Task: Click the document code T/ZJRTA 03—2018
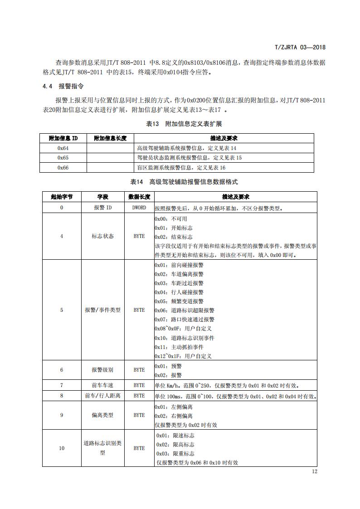click(301, 47)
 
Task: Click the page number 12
click(315, 471)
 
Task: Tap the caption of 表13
click(184, 124)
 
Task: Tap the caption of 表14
click(184, 182)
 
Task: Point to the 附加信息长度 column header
click(110, 138)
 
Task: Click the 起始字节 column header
click(62, 197)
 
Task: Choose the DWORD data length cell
click(139, 208)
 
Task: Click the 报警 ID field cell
click(102, 208)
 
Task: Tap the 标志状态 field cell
click(102, 236)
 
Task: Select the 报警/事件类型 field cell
click(102, 310)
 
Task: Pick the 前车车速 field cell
click(102, 386)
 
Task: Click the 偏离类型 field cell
click(102, 415)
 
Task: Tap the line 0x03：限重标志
click(175, 453)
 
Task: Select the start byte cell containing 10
click(62, 448)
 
